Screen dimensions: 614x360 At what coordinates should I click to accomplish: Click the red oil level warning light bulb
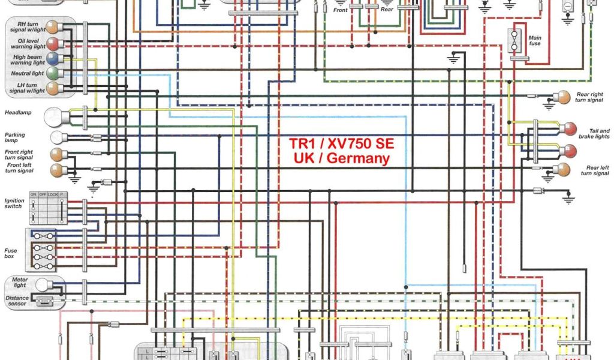pos(54,43)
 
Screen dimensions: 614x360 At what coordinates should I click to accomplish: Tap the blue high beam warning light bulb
pos(54,59)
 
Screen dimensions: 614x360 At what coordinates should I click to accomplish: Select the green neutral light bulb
pos(54,74)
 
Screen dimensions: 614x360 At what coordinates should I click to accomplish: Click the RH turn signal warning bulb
pos(54,28)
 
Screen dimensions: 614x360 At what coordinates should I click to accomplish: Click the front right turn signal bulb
pos(56,154)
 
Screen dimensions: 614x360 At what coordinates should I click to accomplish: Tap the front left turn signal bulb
pos(56,169)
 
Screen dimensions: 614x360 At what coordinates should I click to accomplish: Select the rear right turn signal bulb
pos(564,97)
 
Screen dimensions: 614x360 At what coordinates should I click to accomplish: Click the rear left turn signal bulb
pos(564,169)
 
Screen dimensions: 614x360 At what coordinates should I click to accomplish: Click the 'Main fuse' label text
pos(535,41)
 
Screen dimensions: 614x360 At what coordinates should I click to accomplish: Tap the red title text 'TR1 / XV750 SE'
pos(342,144)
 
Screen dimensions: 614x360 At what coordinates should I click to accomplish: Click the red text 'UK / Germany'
pos(342,159)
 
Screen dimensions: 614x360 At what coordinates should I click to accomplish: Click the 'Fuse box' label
pos(11,253)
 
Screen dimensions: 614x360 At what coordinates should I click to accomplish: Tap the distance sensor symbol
pos(44,302)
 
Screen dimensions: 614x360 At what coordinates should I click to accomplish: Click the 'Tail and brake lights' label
pos(594,134)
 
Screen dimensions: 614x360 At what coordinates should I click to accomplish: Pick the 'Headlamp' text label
pos(18,112)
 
